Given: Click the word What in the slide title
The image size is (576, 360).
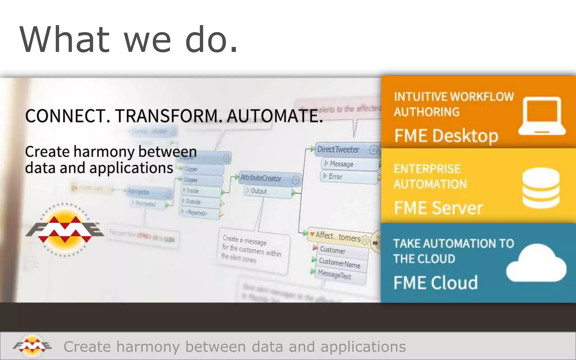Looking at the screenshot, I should pos(64,39).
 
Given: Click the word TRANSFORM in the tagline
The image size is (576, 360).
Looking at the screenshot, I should pos(166,116).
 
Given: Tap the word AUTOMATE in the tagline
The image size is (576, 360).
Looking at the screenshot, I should pos(274,116).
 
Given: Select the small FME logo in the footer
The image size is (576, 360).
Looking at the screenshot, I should pos(32,346).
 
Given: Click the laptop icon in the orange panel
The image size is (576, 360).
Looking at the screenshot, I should pos(542,116).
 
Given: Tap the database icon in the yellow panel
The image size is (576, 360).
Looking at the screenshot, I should pos(541,187).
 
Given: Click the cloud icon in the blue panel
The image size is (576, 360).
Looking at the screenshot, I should pos(536,263).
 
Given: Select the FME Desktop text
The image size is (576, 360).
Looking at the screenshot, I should pos(446,136).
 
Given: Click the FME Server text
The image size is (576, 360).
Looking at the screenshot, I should pos(438,208).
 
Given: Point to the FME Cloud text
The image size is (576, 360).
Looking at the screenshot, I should pos(435,283).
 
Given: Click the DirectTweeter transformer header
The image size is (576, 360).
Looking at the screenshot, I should pos(338,150).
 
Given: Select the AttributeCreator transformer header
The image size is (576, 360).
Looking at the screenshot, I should pos(261,178).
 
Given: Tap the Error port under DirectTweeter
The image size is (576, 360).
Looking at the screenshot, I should pos(335,177).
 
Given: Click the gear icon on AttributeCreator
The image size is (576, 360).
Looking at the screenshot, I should pos(295,180).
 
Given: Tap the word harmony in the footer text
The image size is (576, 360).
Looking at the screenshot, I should pos(148,346).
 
